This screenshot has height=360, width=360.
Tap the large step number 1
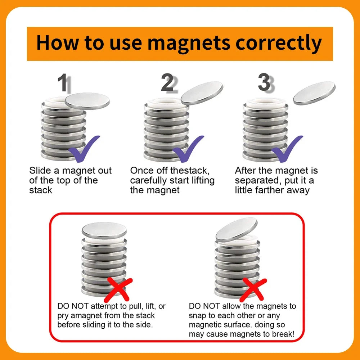[x=63, y=83]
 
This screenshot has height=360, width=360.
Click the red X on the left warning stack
[x=118, y=290]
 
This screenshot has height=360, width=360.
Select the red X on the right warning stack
[x=253, y=290]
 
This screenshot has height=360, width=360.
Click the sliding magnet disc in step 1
[x=87, y=101]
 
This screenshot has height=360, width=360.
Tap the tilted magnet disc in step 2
[x=202, y=93]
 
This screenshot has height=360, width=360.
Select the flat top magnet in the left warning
[x=104, y=230]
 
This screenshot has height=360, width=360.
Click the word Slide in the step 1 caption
[x=40, y=171]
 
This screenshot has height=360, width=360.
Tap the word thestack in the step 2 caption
[x=190, y=171]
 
